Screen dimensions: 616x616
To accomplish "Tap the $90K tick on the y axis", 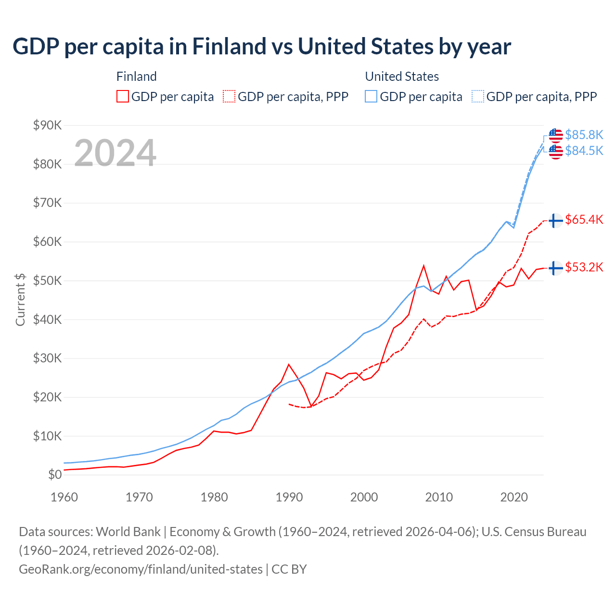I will pos(47,126).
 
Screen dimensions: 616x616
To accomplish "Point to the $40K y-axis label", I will pos(47,320).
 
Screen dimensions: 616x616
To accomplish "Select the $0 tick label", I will pos(55,475).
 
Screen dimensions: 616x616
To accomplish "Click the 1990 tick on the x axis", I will pos(289,497).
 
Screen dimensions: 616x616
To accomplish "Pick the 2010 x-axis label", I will pos(439,497).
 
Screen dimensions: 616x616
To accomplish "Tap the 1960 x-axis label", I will pos(64,497).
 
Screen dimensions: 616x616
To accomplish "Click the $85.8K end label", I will pos(584,135).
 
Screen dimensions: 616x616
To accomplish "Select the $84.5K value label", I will pos(584,151).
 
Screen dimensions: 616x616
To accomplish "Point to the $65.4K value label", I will pos(584,220).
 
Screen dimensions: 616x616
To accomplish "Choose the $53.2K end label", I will pos(584,267).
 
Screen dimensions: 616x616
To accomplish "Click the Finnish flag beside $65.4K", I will pos(556,220).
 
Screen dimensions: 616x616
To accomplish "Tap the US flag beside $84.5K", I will pos(556,151).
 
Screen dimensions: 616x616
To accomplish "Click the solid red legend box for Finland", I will pos(123,97).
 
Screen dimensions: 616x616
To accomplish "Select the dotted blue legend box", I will pos(478,97).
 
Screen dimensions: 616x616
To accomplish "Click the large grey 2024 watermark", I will pos(115,153).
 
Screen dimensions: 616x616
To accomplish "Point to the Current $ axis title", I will pos(20,299).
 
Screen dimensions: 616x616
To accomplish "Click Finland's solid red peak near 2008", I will pos(423,266).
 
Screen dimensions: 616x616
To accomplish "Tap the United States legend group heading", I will pos(402,77).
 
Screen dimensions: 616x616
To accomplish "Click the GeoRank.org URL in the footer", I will pos(141,569).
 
